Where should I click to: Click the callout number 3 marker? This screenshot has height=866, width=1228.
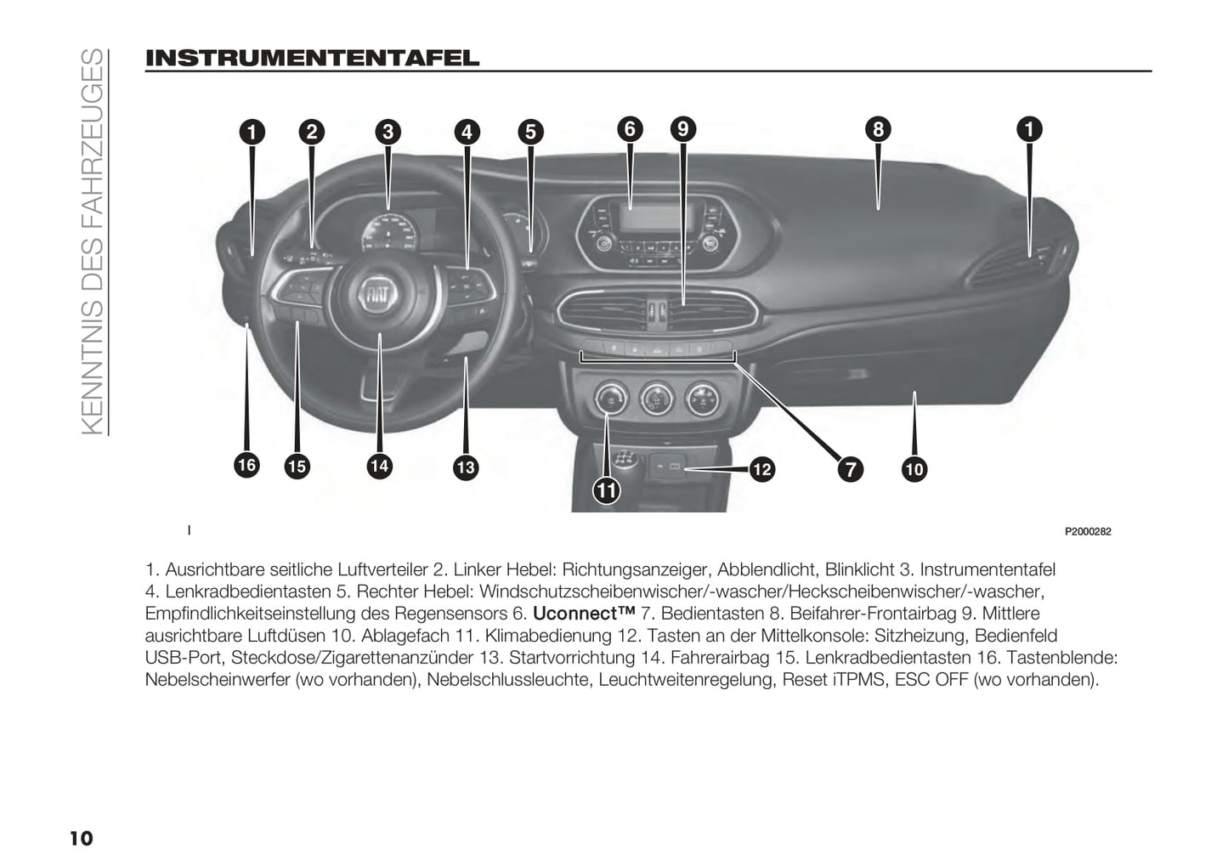pyautogui.click(x=388, y=132)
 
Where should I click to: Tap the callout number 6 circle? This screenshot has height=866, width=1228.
pyautogui.click(x=630, y=129)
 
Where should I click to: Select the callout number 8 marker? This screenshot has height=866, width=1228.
pyautogui.click(x=878, y=129)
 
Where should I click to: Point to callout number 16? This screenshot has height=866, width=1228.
pyautogui.click(x=246, y=464)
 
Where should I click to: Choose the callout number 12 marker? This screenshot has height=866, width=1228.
pyautogui.click(x=761, y=468)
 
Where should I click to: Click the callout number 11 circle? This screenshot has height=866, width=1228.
pyautogui.click(x=607, y=490)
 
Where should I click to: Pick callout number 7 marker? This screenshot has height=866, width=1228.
pyautogui.click(x=849, y=468)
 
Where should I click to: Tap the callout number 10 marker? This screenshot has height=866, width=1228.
pyautogui.click(x=914, y=468)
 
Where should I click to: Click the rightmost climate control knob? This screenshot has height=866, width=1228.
pyautogui.click(x=702, y=396)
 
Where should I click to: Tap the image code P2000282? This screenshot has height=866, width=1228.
pyautogui.click(x=1088, y=532)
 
